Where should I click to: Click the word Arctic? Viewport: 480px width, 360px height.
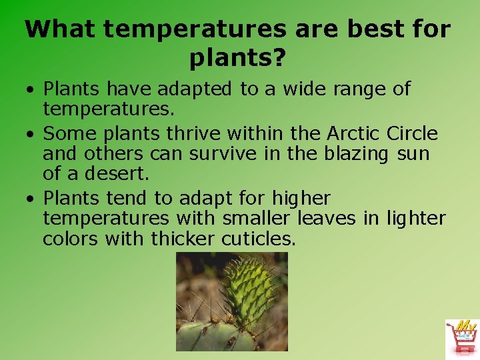[353, 133]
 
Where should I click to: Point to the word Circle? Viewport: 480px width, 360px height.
[412, 133]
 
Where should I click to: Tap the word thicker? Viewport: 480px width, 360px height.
[183, 239]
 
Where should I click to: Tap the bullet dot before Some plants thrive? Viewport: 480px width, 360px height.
[31, 134]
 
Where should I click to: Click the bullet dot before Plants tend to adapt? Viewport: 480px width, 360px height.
[31, 199]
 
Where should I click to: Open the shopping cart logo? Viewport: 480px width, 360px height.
[461, 339]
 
